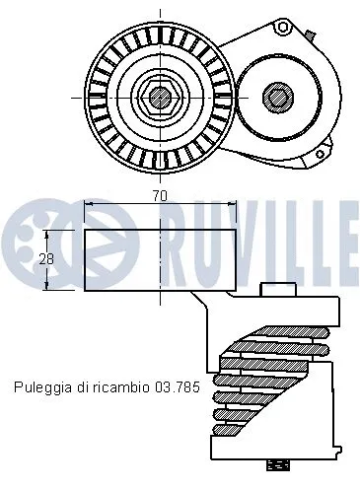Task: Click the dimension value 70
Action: [x=158, y=196]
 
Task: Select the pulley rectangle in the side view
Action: [x=160, y=260]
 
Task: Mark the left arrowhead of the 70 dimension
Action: [x=89, y=204]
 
